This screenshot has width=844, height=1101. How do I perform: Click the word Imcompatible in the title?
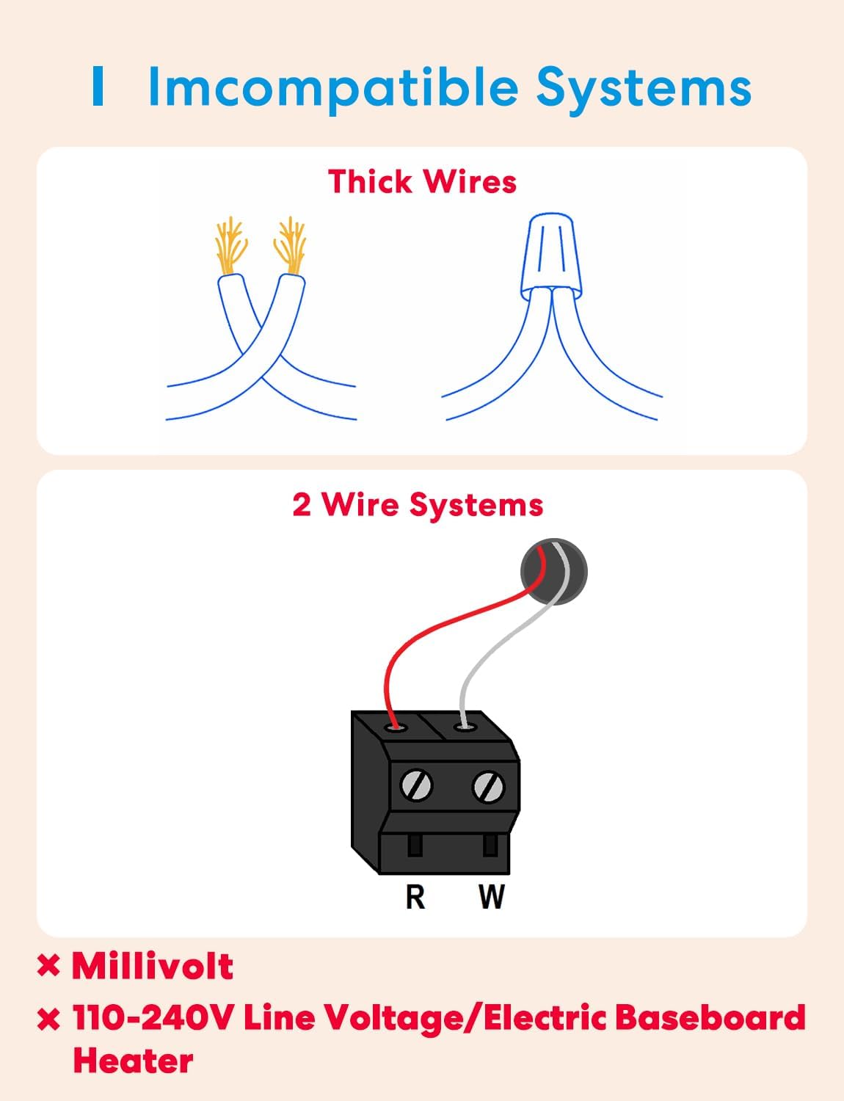pos(334,88)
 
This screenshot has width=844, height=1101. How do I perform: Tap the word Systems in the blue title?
pos(643,88)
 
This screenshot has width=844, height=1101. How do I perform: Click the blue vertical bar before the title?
pos(98,86)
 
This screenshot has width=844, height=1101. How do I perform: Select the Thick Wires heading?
pos(422,182)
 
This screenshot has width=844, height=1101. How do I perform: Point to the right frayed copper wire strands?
pos(290,244)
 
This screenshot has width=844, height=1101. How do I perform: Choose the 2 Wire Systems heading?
pos(418,505)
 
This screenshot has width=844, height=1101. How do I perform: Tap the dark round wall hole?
pos(554,572)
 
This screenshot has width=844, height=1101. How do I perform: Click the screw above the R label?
pos(416,786)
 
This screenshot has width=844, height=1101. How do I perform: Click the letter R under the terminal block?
pos(415,896)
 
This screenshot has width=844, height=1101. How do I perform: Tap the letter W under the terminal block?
pos(491,896)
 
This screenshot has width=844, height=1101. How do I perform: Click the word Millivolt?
pos(153,966)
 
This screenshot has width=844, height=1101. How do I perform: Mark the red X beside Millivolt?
pos(48,966)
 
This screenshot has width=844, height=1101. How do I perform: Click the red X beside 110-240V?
pos(48,1020)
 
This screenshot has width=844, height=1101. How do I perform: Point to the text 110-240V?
pos(153,1018)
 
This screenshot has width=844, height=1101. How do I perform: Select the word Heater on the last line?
pos(133,1061)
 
